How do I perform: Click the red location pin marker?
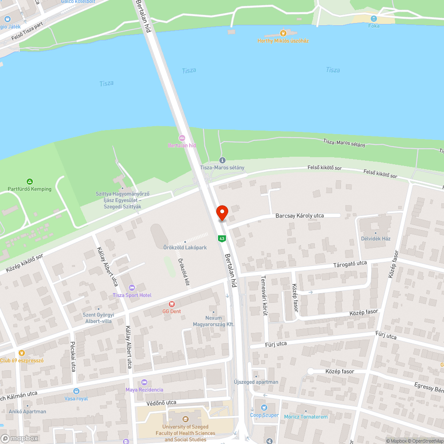click(x=222, y=212)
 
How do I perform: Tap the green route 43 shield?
click(x=221, y=239)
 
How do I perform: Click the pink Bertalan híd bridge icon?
click(x=182, y=138)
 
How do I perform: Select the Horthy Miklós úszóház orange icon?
click(x=283, y=33)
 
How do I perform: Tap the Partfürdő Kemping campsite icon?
click(x=29, y=181)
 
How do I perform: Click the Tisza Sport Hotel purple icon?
click(x=131, y=288)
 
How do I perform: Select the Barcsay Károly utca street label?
click(x=300, y=215)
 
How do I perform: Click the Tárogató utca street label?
click(x=350, y=264)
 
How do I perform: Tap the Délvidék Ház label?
click(x=376, y=238)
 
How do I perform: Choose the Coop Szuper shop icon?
click(x=265, y=408)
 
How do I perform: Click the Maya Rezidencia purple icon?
click(x=144, y=382)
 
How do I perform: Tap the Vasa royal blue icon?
click(x=76, y=391)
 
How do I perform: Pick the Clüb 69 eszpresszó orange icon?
click(x=21, y=353)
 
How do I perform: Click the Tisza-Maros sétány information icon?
click(x=222, y=160)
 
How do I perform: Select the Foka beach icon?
click(x=374, y=19)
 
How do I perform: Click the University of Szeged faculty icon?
click(x=185, y=419)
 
